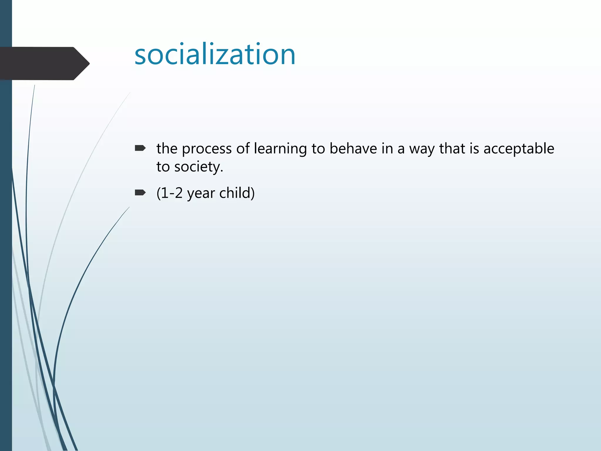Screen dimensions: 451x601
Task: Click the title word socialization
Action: click(215, 55)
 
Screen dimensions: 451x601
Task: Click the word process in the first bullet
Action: click(207, 149)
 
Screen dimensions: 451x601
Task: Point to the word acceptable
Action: click(519, 149)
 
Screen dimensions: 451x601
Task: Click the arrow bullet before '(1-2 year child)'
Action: click(140, 193)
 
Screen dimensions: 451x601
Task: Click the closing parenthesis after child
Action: click(253, 193)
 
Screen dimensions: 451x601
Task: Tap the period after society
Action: click(222, 171)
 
